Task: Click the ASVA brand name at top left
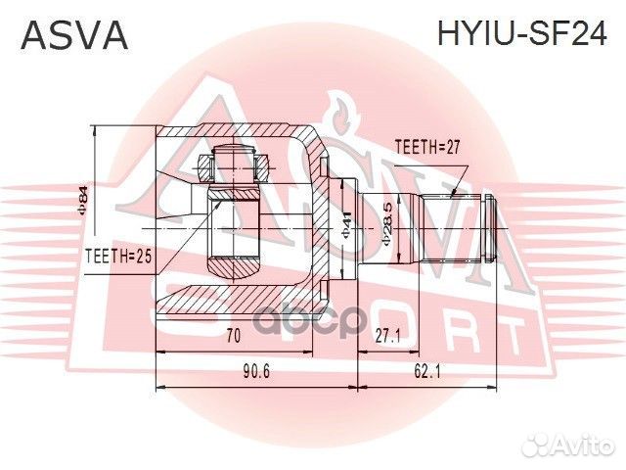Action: (74, 36)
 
